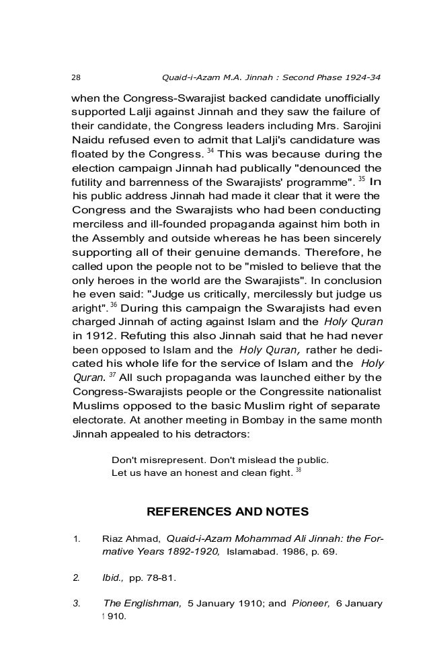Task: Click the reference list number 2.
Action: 76,576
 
